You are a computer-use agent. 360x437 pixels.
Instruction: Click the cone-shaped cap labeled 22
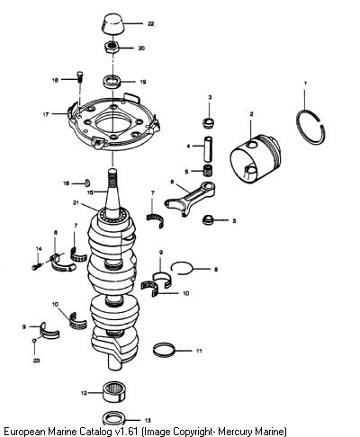[112, 23]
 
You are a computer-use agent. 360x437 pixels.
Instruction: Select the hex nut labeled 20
[112, 48]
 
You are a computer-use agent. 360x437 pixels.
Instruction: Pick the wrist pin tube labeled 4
[209, 148]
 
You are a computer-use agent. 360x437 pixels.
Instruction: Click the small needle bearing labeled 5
[207, 172]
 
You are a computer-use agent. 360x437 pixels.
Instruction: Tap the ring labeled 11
[164, 350]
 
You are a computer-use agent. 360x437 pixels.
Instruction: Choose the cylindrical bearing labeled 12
[113, 391]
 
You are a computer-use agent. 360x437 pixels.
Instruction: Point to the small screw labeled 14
[36, 266]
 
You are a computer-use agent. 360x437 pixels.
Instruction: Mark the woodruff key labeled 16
[88, 183]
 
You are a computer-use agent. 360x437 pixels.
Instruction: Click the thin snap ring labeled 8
[180, 267]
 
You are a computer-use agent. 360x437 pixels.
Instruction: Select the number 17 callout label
[46, 114]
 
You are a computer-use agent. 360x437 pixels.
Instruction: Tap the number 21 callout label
[76, 203]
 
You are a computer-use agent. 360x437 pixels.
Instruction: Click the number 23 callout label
[36, 361]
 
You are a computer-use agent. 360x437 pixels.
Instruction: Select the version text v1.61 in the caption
[126, 432]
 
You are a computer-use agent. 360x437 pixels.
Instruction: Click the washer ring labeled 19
[112, 82]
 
